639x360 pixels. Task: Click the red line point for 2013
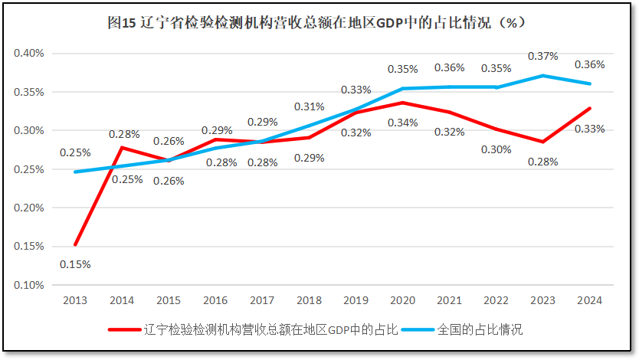coord(76,244)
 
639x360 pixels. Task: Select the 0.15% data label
coord(76,264)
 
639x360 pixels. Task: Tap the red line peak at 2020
coord(403,103)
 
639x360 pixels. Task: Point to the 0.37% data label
coord(542,57)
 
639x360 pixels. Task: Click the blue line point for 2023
coord(542,76)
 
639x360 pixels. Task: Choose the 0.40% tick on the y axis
coord(30,54)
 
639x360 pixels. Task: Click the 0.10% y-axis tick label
coord(30,285)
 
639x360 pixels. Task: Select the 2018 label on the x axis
coord(310,301)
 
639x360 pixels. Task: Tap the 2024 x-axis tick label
coord(589,301)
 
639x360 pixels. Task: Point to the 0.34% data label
coord(403,123)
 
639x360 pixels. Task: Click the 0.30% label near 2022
coord(496,149)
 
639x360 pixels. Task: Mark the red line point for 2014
coord(123,148)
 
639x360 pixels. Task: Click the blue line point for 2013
coord(76,172)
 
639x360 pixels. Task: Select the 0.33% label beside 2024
coord(590,129)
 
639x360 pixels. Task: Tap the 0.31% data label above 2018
coord(310,106)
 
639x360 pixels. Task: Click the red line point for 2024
coord(589,108)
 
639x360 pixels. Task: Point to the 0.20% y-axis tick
coord(30,208)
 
